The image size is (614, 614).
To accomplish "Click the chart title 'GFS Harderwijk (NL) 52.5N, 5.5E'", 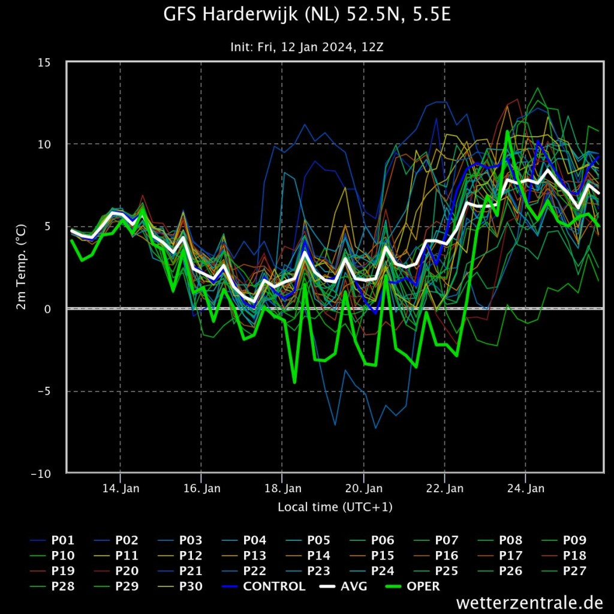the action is pyautogui.click(x=307, y=15).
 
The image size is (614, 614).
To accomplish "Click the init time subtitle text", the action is pyautogui.click(x=307, y=47).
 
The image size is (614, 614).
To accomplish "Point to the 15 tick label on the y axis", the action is pyautogui.click(x=44, y=62).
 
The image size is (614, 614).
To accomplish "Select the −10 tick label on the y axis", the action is pyautogui.click(x=41, y=474).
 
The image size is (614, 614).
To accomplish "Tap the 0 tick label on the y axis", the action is pyautogui.click(x=47, y=309).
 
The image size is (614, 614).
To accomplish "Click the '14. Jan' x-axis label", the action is pyautogui.click(x=121, y=489).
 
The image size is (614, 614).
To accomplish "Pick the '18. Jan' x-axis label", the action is pyautogui.click(x=283, y=489).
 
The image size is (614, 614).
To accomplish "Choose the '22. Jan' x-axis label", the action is pyautogui.click(x=445, y=489).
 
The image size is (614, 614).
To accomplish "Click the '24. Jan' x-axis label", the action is pyautogui.click(x=526, y=489).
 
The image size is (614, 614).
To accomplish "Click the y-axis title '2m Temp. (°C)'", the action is pyautogui.click(x=21, y=267).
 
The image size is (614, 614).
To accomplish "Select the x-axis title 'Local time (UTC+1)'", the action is pyautogui.click(x=335, y=507).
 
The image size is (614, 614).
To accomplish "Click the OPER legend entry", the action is pyautogui.click(x=413, y=586).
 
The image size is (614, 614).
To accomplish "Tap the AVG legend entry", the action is pyautogui.click(x=344, y=586).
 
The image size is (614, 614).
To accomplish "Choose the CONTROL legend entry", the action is pyautogui.click(x=264, y=586).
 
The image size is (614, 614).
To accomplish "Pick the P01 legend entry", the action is pyautogui.click(x=52, y=540).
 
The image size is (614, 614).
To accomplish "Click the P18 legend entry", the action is pyautogui.click(x=564, y=556).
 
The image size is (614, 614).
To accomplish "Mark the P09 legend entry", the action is pyautogui.click(x=564, y=540).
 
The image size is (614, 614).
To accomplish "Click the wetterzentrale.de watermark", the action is pyautogui.click(x=530, y=602).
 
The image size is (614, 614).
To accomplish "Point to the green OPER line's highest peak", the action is pyautogui.click(x=507, y=131).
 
